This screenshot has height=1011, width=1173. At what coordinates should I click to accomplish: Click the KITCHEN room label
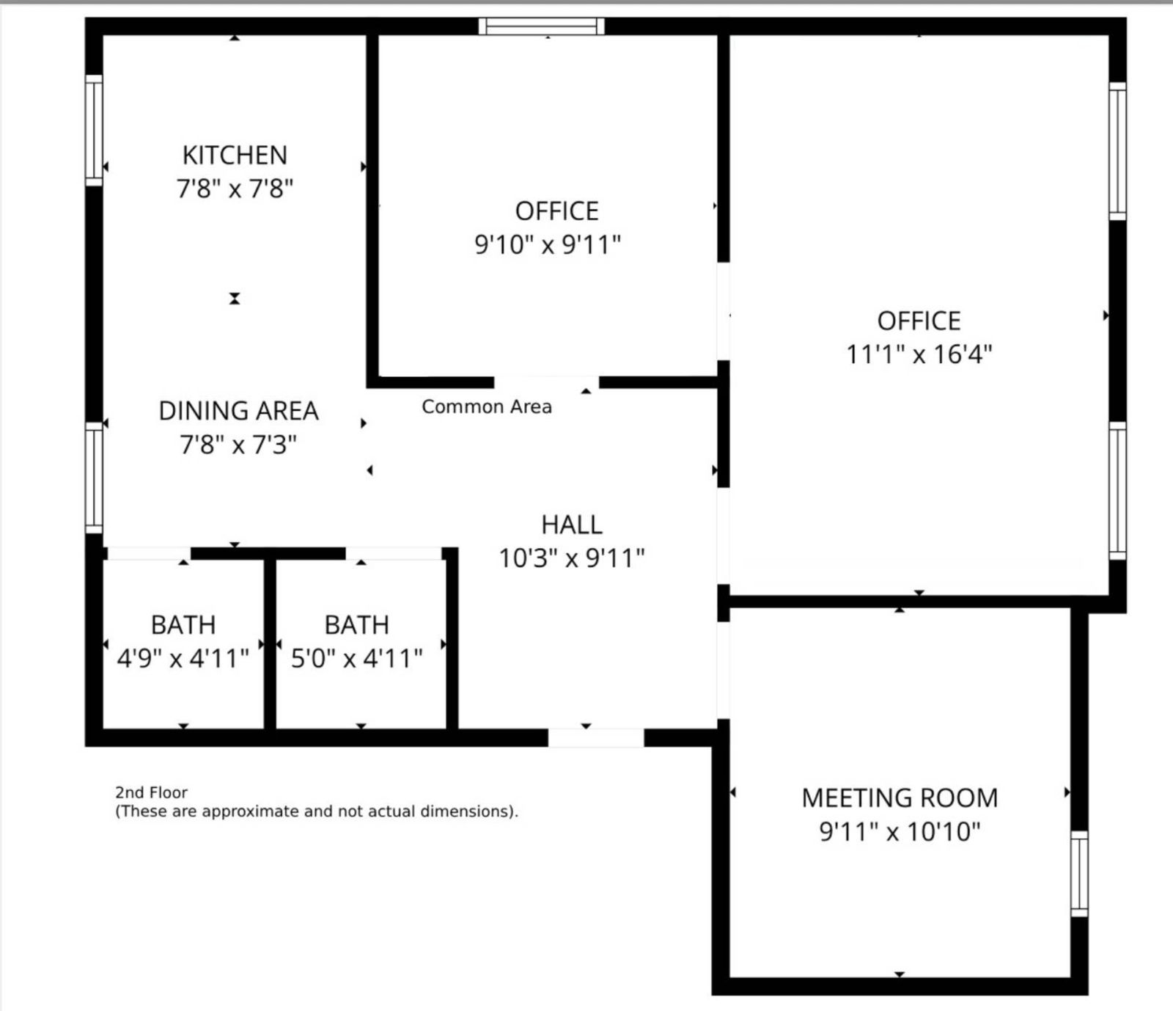235,156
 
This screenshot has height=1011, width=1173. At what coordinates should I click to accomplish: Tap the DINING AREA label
238,411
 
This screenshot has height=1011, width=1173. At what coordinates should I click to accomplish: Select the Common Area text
487,406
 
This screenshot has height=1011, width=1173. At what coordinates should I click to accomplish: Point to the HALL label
572,525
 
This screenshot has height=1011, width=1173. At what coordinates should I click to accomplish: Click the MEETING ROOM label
900,798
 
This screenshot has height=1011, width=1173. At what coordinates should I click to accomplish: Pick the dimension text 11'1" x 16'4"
919,354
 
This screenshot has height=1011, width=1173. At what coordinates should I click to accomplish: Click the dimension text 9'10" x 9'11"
548,244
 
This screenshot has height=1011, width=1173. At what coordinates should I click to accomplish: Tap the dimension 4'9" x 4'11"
183,658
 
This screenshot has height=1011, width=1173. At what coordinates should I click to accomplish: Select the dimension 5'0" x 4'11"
357,658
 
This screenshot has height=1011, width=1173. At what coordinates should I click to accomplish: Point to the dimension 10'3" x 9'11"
572,558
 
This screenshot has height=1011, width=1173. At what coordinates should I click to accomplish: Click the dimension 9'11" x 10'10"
900,831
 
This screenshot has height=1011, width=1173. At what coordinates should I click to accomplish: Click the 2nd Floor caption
151,792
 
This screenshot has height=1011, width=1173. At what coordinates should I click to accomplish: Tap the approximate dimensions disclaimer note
317,811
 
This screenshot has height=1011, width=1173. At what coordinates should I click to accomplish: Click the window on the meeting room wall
1079,874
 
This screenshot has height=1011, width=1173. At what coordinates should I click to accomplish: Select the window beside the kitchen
94,130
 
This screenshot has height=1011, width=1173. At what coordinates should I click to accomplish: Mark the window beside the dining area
94,478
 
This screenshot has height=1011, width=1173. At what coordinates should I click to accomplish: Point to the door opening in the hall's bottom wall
596,738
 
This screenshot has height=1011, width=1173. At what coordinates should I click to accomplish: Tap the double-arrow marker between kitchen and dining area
235,299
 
